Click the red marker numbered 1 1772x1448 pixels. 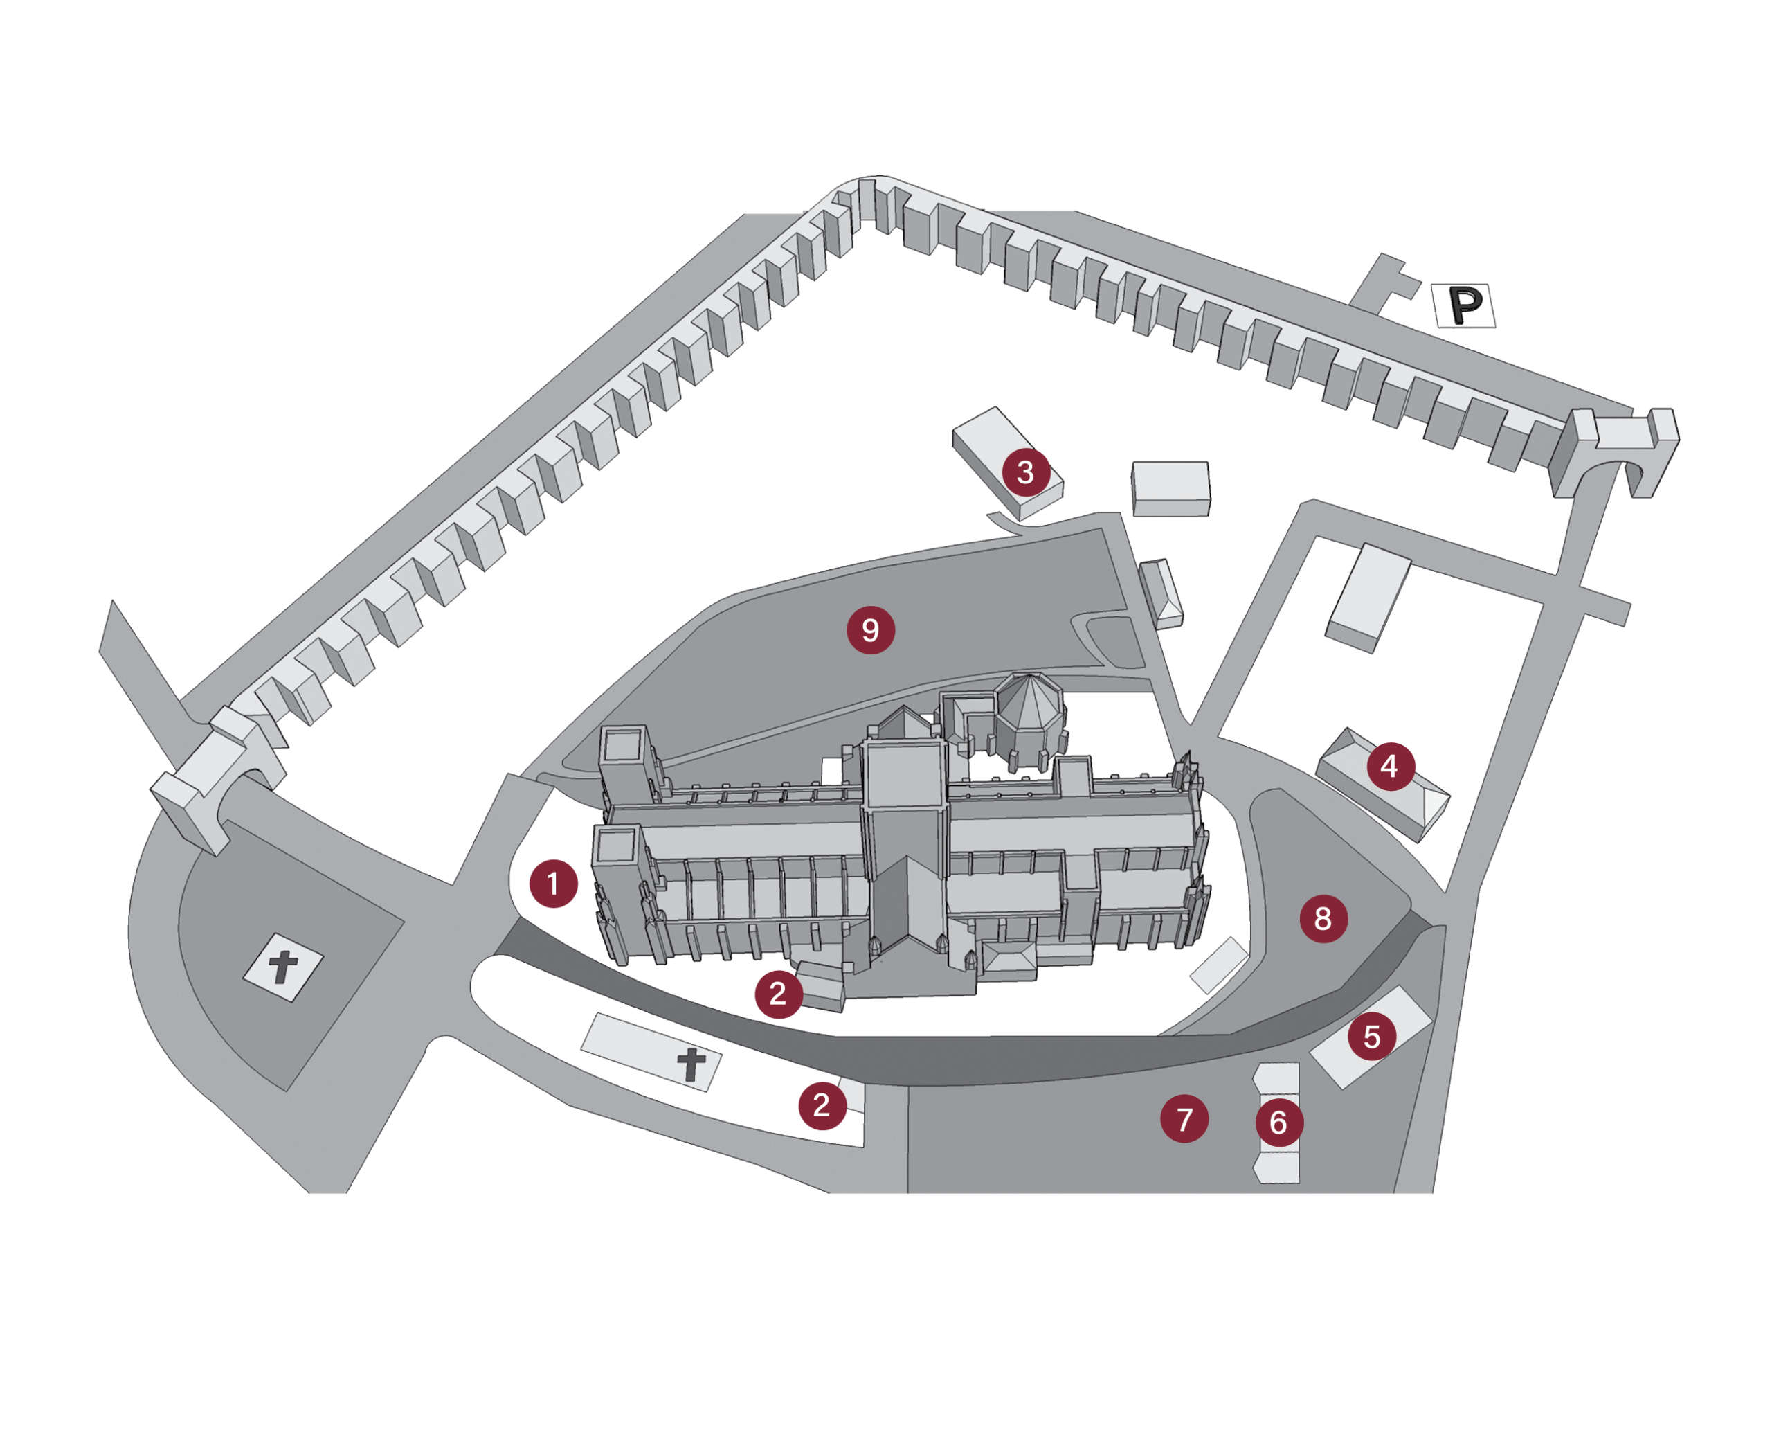pos(554,884)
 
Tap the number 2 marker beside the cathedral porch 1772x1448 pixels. pos(779,994)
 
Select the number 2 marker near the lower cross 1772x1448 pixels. pos(822,1105)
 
